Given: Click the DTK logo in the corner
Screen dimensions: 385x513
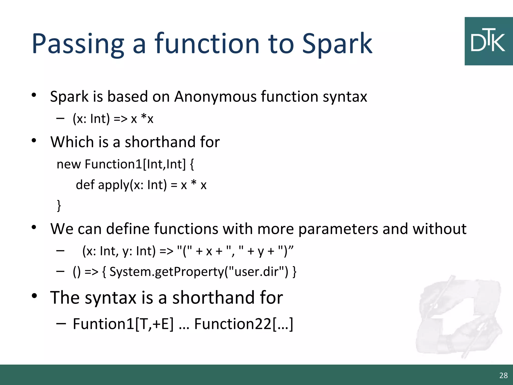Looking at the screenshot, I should [x=488, y=41].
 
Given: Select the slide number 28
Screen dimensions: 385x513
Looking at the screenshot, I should [x=503, y=375].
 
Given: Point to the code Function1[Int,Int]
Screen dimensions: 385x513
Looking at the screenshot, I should [x=135, y=164].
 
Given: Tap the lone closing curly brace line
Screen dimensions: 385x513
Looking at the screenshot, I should [x=59, y=206].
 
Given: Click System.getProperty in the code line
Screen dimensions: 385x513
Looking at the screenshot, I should [x=167, y=272].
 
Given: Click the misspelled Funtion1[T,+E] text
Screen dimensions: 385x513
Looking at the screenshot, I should [x=123, y=324].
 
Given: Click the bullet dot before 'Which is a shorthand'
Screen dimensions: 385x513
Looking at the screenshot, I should [x=34, y=141].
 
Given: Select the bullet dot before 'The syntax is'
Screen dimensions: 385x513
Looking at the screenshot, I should [x=34, y=296].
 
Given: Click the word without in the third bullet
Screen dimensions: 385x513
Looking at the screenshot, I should [x=439, y=229].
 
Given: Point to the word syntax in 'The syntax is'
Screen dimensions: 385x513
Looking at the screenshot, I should [x=110, y=298].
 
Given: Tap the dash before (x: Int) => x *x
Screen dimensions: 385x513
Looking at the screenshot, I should [x=60, y=118].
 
